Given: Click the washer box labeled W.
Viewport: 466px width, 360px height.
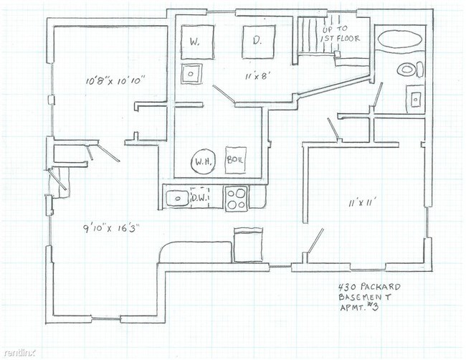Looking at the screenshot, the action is pyautogui.click(x=197, y=42).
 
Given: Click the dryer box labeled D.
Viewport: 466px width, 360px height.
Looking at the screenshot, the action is pyautogui.click(x=258, y=42).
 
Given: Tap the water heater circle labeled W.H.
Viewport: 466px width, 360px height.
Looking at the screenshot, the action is pyautogui.click(x=204, y=161).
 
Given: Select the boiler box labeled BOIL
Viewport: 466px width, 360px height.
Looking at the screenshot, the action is pyautogui.click(x=236, y=160).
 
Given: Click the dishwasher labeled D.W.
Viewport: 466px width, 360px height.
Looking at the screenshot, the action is pyautogui.click(x=199, y=197).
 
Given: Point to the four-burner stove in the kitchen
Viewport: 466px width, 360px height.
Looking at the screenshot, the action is pyautogui.click(x=237, y=199).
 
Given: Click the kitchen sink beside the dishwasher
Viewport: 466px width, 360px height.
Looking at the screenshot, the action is pyautogui.click(x=177, y=198).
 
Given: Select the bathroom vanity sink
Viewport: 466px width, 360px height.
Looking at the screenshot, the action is pyautogui.click(x=416, y=99).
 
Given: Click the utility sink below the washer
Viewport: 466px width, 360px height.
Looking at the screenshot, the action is pyautogui.click(x=191, y=74).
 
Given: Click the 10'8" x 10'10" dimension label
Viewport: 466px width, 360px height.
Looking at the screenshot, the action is pyautogui.click(x=115, y=80).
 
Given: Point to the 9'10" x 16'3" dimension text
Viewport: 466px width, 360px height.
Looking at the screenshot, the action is pyautogui.click(x=111, y=229).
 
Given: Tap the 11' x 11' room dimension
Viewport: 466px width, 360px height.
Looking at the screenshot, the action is pyautogui.click(x=361, y=204).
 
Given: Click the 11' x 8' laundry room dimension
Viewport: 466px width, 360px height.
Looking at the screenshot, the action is pyautogui.click(x=257, y=77).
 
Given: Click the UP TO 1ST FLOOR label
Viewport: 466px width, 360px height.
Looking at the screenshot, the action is pyautogui.click(x=340, y=34).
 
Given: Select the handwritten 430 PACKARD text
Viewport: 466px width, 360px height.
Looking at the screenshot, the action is pyautogui.click(x=369, y=287).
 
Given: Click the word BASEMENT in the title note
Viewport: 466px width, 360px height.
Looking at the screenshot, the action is pyautogui.click(x=365, y=297).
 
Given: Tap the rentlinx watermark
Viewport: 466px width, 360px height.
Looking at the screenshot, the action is pyautogui.click(x=19, y=353).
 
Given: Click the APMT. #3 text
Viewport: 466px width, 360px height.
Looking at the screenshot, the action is pyautogui.click(x=359, y=307).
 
